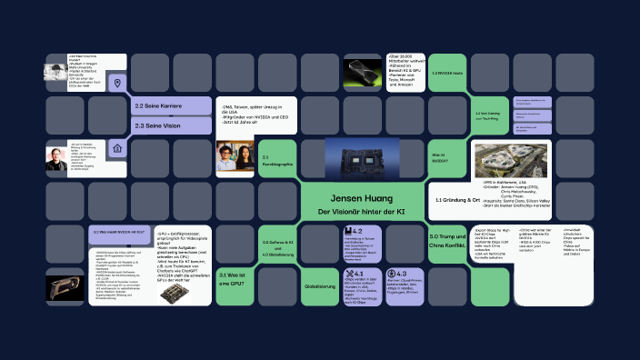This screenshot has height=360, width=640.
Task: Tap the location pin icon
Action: tap(115, 84)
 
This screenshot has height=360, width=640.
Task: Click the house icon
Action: tap(115, 147)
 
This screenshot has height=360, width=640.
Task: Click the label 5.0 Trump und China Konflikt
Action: tap(447, 240)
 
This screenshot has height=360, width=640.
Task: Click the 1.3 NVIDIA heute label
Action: tap(446, 73)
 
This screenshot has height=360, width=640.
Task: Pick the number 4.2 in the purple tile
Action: tap(356, 232)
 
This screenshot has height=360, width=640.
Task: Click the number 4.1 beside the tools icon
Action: tap(358, 274)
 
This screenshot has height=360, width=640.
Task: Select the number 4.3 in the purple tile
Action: tap(400, 274)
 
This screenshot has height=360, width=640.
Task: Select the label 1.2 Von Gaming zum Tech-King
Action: tap(489, 115)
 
